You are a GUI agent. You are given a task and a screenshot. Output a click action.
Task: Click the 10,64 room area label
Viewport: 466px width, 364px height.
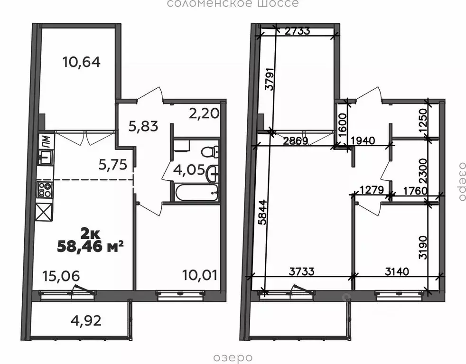coord(82,62)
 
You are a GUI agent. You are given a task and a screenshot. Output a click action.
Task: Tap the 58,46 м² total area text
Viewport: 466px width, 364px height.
coord(90,246)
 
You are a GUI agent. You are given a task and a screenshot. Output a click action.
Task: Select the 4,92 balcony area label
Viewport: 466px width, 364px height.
coord(86,321)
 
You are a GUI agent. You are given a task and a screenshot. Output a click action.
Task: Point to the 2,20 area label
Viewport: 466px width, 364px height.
coord(205,113)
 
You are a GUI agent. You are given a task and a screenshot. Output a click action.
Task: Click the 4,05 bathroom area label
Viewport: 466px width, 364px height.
coord(189,170)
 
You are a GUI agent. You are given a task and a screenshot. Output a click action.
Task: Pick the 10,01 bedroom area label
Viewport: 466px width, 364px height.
coord(200,275)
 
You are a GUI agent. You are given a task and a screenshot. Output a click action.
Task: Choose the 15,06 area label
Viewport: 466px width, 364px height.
coord(61,276)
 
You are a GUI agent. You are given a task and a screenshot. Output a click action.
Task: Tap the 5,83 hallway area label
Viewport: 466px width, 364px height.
coord(143,127)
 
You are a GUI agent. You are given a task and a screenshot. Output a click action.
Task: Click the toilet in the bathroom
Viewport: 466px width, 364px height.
coord(210,152)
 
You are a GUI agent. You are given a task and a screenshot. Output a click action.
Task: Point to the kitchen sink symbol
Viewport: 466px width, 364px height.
coord(45,157)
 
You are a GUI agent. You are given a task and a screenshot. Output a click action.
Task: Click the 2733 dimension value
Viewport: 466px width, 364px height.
coord(297,30)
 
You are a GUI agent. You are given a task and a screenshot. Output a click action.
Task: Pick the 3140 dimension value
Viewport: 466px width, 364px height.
coord(397,271)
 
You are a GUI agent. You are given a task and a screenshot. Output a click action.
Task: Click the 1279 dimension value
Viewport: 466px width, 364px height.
coord(372,189)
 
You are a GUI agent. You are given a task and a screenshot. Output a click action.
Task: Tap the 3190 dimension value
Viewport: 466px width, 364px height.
coord(423,248)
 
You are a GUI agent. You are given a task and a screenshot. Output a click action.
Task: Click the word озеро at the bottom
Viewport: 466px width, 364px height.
coord(233,358)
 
